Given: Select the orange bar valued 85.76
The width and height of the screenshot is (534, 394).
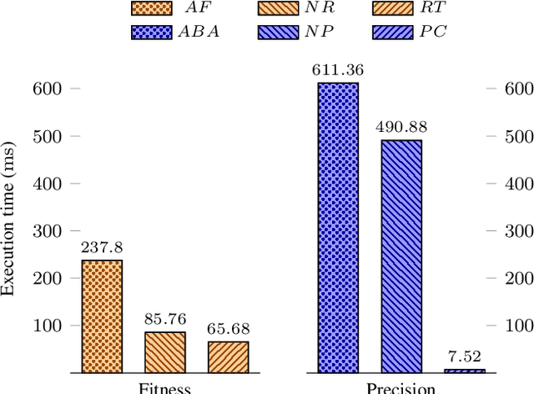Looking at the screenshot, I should point(165,351).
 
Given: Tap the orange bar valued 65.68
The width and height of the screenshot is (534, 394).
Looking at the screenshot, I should point(229,356).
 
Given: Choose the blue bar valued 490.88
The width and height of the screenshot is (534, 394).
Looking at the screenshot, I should point(401,255).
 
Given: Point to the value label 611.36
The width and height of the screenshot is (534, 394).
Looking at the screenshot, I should point(339,70).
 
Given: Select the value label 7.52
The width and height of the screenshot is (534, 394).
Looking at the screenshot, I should point(465,356).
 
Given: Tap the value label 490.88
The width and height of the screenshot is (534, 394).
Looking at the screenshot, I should point(401,128).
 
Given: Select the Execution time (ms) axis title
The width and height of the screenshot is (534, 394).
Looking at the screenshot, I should point(10,230).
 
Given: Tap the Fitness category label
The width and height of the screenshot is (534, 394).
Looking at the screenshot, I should point(164,388).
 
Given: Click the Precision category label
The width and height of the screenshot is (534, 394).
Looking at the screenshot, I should point(401,388).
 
